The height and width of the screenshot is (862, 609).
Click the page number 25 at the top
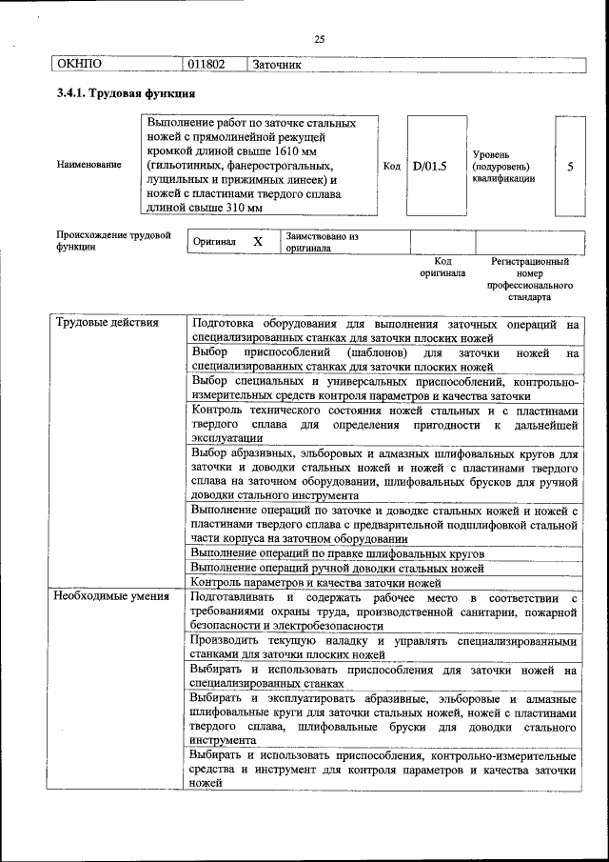click(x=319, y=39)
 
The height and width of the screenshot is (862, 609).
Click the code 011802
click(x=206, y=65)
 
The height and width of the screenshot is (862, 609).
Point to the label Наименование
click(x=89, y=165)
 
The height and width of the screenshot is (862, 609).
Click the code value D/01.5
click(x=430, y=166)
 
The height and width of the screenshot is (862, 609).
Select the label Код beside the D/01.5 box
click(x=391, y=166)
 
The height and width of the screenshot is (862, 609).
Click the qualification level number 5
click(x=570, y=166)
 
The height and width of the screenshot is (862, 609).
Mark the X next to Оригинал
click(x=257, y=242)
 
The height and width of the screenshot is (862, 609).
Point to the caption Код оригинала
click(x=442, y=267)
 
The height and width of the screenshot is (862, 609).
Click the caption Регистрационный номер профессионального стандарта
click(x=530, y=278)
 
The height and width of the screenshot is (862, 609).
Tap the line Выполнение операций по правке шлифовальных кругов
click(x=338, y=552)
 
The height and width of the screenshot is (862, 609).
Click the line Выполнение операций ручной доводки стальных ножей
click(x=337, y=567)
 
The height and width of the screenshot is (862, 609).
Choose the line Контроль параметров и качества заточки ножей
click(x=317, y=581)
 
